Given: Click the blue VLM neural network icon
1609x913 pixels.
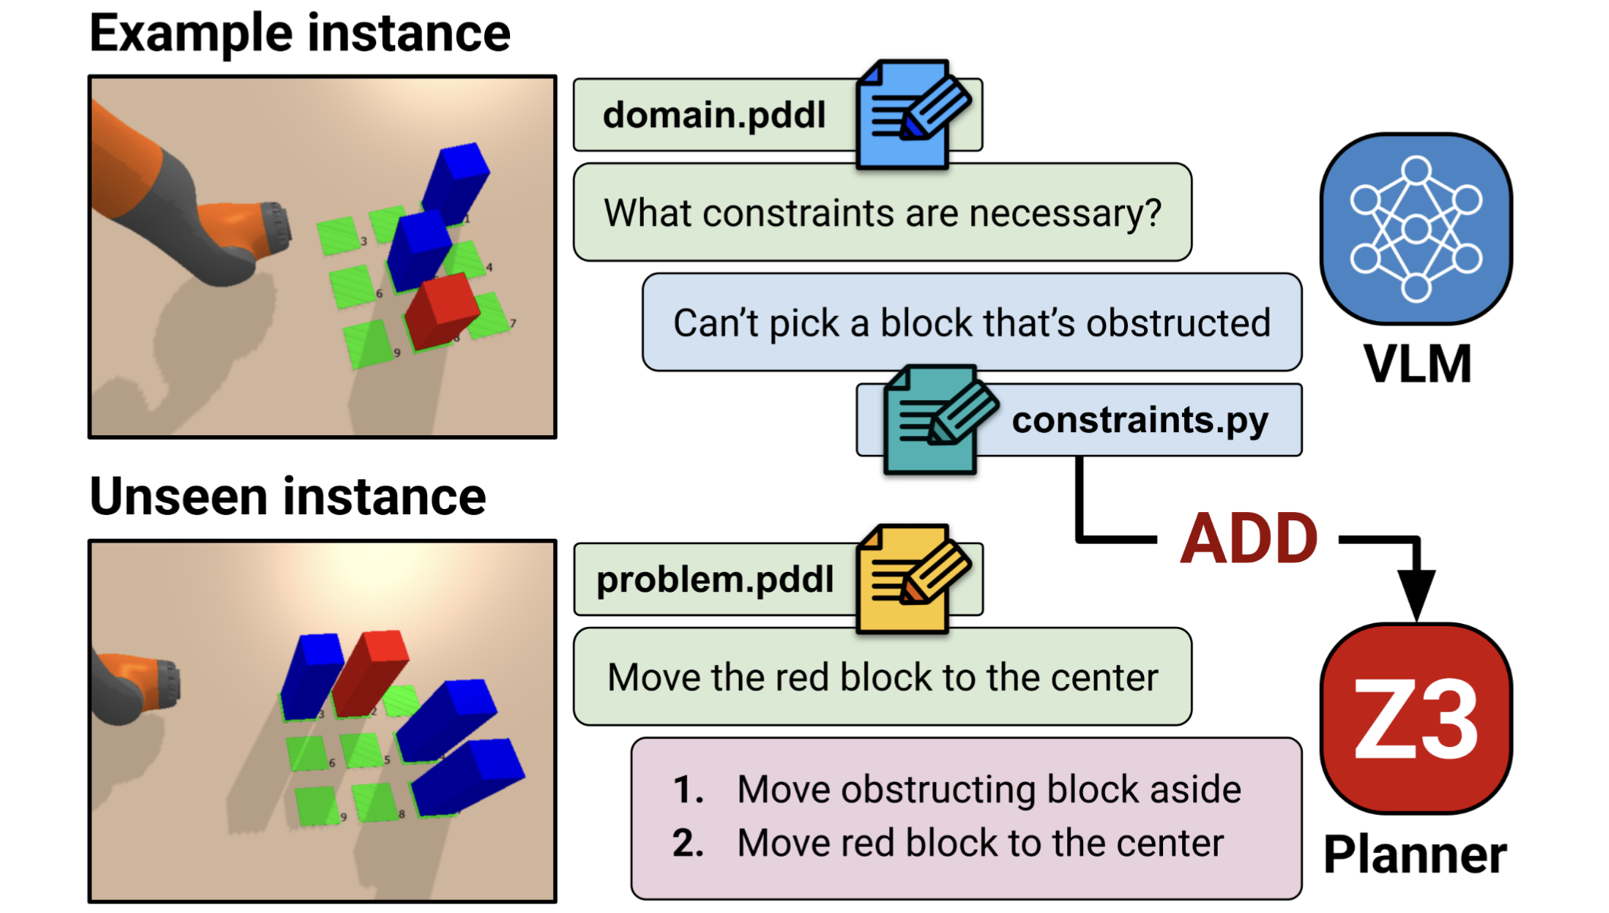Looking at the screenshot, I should point(1416,228).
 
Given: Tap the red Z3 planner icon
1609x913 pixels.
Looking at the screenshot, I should point(1416,718).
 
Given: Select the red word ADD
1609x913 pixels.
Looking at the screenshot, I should point(1249,539).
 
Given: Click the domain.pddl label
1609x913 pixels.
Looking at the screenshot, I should point(714,115).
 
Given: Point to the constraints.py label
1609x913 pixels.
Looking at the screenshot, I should point(1139,420).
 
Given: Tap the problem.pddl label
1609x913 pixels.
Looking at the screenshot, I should point(715,580).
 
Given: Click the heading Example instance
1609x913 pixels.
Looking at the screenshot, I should point(300,33).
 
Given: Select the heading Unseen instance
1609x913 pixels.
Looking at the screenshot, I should point(288,497).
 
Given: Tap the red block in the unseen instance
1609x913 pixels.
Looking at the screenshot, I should point(370,673).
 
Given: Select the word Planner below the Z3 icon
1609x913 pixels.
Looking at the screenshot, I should point(1415,854).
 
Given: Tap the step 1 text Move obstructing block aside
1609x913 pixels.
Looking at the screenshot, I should point(989,789).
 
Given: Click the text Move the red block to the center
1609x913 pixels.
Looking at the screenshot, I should point(882,677).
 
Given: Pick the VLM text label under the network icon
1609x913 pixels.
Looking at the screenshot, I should point(1417,364).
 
